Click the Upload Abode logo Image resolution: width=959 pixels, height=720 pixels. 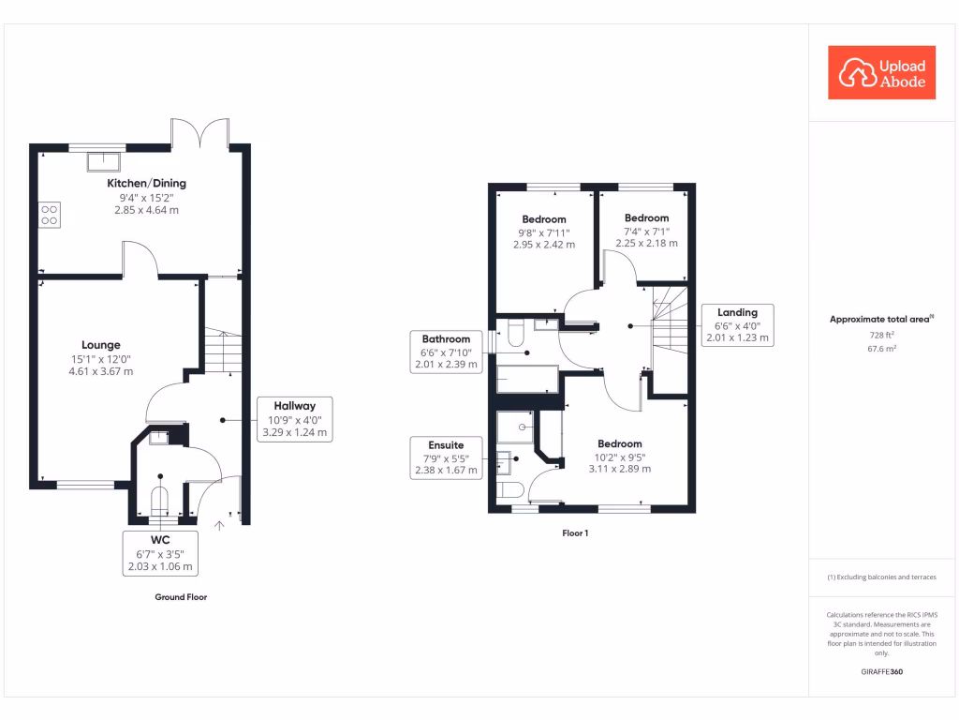[x=882, y=73]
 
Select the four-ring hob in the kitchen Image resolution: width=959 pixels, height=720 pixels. [x=50, y=215]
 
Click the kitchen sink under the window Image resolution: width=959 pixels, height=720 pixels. [x=102, y=160]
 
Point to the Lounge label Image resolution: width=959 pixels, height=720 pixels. [x=101, y=345]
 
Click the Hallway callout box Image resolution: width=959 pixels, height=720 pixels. [x=294, y=419]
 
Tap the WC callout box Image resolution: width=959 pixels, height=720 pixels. [x=160, y=552]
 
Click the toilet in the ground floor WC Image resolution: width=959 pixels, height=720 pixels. [x=160, y=502]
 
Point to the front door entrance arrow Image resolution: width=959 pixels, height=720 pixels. [x=220, y=525]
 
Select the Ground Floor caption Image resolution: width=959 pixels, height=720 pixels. [x=181, y=597]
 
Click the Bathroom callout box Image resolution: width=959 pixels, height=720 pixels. [x=446, y=352]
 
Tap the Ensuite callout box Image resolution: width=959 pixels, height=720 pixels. [x=446, y=457]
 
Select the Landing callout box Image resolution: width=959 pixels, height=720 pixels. [x=737, y=325]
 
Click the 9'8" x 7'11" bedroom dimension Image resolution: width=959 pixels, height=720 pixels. [x=544, y=232]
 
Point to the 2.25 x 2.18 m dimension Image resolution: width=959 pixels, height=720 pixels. [x=646, y=244]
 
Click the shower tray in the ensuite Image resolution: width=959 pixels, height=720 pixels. [x=515, y=427]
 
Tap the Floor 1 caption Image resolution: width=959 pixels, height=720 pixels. [x=575, y=533]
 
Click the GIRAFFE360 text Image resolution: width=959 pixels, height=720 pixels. [x=881, y=672]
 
